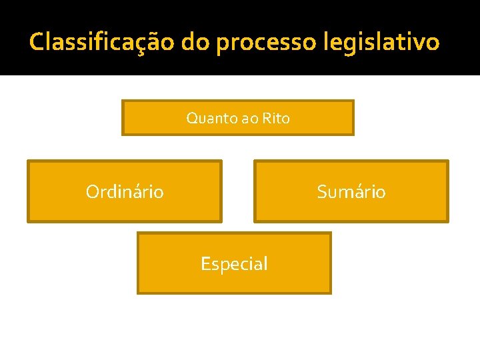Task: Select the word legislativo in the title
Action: (x=381, y=42)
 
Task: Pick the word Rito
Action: (x=276, y=119)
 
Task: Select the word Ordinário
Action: (x=125, y=192)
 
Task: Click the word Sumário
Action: (x=351, y=192)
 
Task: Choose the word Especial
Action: (x=234, y=264)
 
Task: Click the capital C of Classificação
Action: (x=37, y=42)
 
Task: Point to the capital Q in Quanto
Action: (x=192, y=119)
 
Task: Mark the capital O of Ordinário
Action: (x=93, y=192)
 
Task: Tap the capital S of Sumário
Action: (x=323, y=192)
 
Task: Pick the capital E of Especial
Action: (x=205, y=264)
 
